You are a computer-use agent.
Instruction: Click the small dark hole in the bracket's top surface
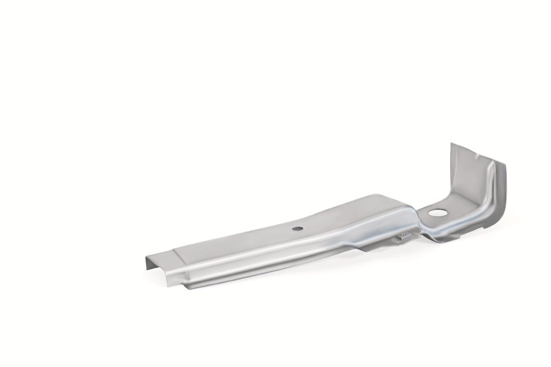coord(298,228)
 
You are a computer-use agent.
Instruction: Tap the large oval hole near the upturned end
coord(438,213)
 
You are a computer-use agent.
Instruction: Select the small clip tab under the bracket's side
coord(405,238)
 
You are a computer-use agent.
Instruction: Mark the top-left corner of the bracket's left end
coord(147,257)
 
